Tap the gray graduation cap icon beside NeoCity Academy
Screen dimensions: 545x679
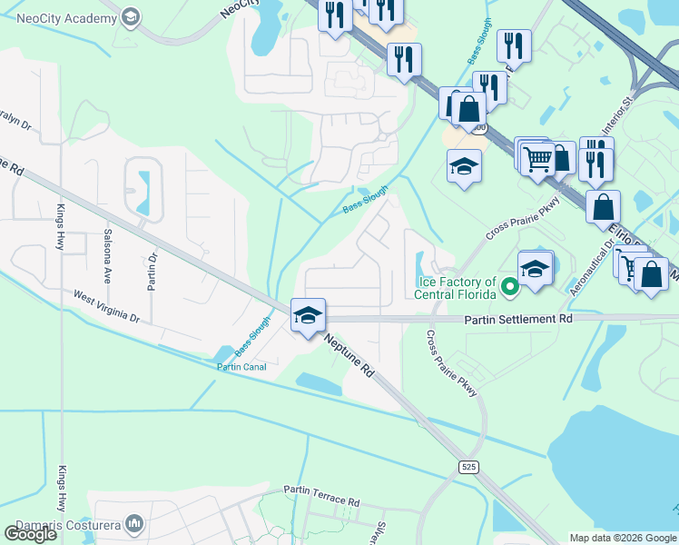click(x=132, y=16)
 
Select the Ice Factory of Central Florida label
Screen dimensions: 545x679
click(x=455, y=288)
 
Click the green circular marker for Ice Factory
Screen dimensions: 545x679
click(x=510, y=288)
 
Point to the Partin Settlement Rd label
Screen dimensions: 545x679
click(x=519, y=320)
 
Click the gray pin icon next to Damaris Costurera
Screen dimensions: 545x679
click(x=134, y=523)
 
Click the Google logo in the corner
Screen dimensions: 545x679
click(x=30, y=534)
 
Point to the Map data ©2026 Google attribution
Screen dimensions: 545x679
click(x=623, y=538)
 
